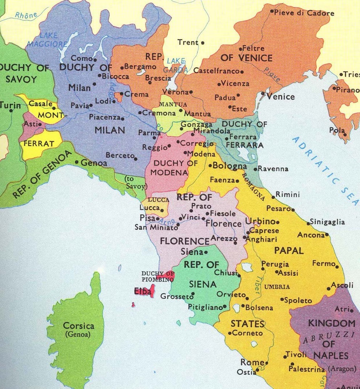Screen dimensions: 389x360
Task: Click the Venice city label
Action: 281,97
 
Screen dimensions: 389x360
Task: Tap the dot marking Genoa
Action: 77,162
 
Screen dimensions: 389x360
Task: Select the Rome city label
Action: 252,362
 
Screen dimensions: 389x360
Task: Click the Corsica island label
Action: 79,325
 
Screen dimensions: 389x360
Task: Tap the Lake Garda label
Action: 176,65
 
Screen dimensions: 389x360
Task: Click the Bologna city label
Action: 230,166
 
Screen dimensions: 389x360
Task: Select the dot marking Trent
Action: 202,43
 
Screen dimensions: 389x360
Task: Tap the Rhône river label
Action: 26,15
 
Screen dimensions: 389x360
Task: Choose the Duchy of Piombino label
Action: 157,276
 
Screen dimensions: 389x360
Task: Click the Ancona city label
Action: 311,235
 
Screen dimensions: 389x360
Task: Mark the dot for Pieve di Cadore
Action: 271,12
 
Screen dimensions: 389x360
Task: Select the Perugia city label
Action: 275,264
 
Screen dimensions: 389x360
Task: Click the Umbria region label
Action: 277,287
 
